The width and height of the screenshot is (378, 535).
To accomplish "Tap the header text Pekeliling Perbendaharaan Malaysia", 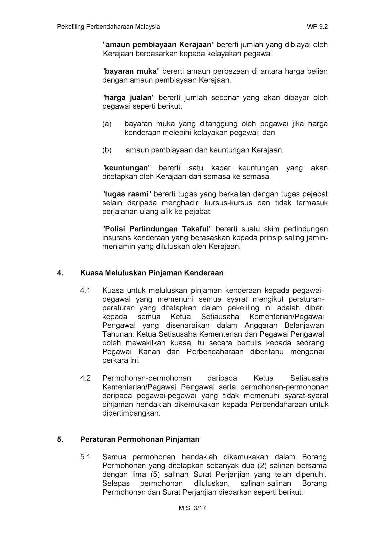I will pyautogui.click(x=108, y=27).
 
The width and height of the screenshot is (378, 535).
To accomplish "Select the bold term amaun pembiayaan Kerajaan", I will pyautogui.click(x=158, y=45).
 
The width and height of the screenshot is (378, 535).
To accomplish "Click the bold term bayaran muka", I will pyautogui.click(x=131, y=71).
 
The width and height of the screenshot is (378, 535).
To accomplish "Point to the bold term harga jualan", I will pyautogui.click(x=128, y=98).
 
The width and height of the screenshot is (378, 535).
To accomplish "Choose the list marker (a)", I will pyautogui.click(x=107, y=124).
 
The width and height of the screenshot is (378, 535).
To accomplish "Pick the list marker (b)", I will pyautogui.click(x=107, y=150).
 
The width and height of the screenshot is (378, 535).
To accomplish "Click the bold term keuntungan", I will pyautogui.click(x=126, y=168).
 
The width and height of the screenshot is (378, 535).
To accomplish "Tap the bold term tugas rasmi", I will pyautogui.click(x=127, y=194).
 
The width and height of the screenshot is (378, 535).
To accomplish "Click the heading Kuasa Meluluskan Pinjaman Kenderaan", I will pyautogui.click(x=152, y=273).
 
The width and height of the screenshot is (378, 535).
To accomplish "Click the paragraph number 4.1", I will pyautogui.click(x=85, y=290).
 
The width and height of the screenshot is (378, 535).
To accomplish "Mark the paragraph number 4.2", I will pyautogui.click(x=85, y=378).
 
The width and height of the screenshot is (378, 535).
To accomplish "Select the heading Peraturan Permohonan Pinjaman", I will pyautogui.click(x=140, y=439).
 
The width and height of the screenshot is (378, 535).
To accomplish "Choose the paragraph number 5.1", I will pyautogui.click(x=85, y=457).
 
